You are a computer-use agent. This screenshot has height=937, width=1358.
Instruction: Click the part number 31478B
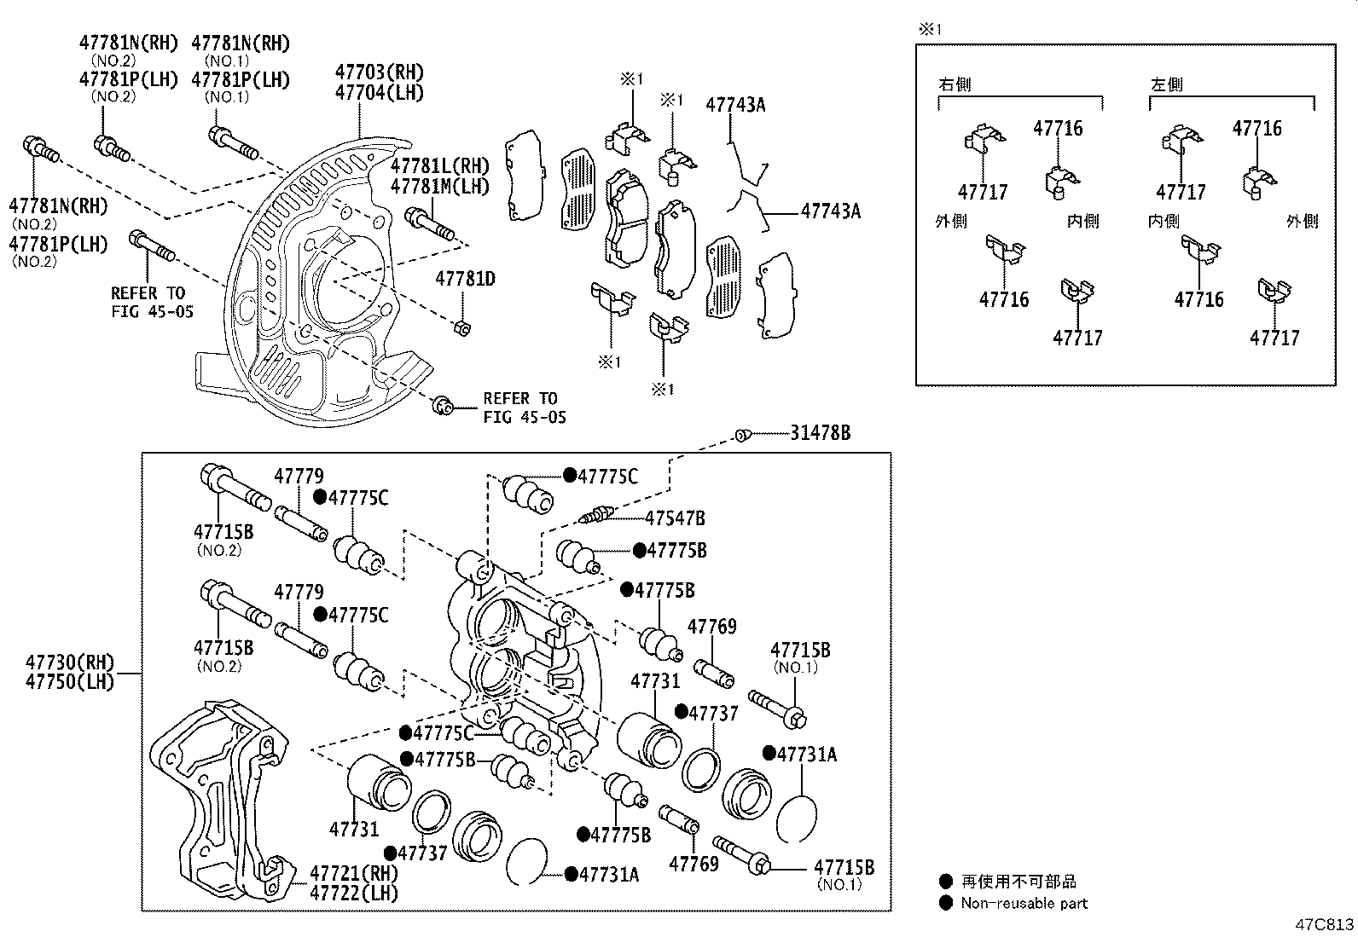pos(820,433)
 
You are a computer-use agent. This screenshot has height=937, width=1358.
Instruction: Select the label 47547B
pos(674,518)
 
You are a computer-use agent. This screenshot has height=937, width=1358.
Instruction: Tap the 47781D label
pos(465,279)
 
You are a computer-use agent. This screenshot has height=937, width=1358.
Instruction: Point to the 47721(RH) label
pos(354,873)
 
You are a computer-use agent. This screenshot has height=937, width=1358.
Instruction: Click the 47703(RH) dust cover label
pos(379,72)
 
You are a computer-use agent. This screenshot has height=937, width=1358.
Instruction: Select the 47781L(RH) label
pos(440,165)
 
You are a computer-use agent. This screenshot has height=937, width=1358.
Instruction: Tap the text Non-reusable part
pos(1024,903)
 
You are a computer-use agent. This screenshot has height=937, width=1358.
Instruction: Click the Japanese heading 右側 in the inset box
pos(955,85)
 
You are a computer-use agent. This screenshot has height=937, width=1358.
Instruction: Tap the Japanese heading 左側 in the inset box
pos(1166,85)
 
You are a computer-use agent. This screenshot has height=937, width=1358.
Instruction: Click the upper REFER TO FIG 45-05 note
pos(152,302)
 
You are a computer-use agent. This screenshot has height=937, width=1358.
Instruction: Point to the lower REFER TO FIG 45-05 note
pos(523,408)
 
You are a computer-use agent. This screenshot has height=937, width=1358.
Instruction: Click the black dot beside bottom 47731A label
pos(571,874)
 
